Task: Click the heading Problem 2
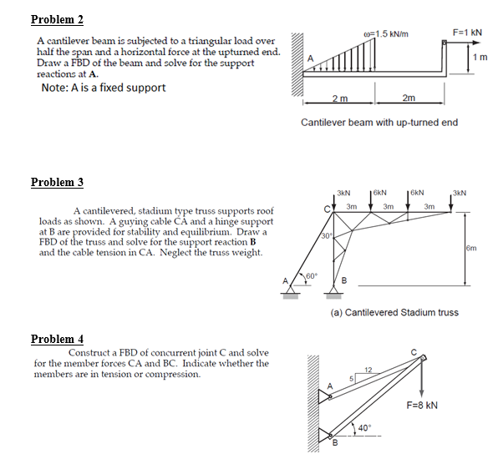click(x=57, y=19)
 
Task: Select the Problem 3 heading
click(x=57, y=182)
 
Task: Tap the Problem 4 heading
click(x=57, y=339)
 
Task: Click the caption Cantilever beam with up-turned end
click(x=379, y=123)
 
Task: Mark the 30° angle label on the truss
click(x=328, y=235)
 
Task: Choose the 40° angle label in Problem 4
click(x=363, y=428)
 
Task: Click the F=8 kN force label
click(x=424, y=406)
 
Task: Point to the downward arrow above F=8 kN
click(x=420, y=381)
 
